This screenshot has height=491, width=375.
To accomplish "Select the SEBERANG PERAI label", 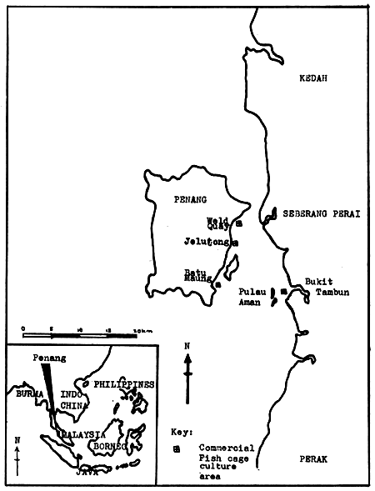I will click(320, 213).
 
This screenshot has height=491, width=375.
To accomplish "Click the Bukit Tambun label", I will click(321, 287).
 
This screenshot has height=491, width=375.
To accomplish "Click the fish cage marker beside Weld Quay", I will click(239, 223).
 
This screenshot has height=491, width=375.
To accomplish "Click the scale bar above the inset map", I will click(80, 335).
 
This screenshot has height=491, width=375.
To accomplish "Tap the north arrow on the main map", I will click(188, 366).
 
